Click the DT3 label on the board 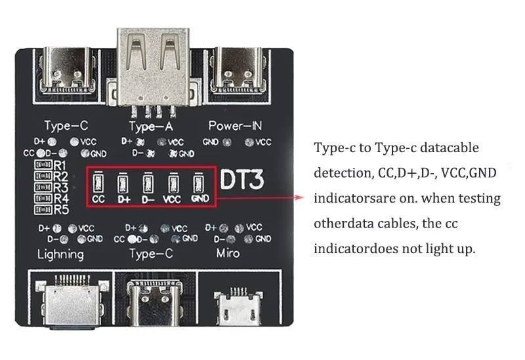(242, 179)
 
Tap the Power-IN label (235, 126)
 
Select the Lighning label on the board (60, 254)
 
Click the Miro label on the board (228, 253)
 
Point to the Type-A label (151, 127)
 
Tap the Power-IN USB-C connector (239, 70)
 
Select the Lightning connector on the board (71, 300)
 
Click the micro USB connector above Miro (238, 306)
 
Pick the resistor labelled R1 (43, 165)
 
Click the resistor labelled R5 (43, 210)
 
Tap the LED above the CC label (98, 182)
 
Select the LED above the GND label (199, 183)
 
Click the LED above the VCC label (173, 183)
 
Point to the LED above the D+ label (123, 183)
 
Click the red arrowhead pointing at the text (300, 197)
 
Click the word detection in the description (343, 172)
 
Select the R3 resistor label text (61, 188)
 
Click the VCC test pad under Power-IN (249, 142)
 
